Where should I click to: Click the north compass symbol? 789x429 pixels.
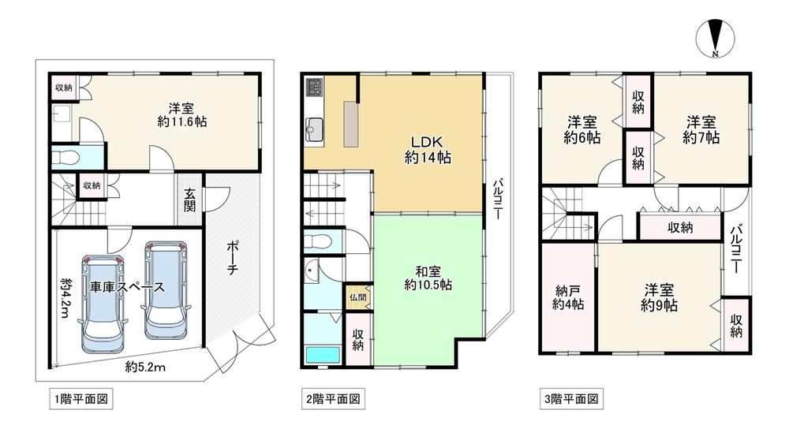point(715,38)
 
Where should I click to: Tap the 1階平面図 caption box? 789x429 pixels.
point(81,399)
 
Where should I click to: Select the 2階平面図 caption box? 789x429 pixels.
point(333,399)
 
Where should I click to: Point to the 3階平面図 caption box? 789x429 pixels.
point(571,399)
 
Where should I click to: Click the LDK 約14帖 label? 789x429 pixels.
point(428,149)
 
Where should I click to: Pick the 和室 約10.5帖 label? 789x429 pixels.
point(428,278)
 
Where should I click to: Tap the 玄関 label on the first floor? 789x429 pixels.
point(189,200)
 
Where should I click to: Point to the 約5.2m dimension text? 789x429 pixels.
point(145,367)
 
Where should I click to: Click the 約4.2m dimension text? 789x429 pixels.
point(65,298)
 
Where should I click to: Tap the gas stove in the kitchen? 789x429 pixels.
point(315,88)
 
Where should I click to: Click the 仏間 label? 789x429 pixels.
point(357,298)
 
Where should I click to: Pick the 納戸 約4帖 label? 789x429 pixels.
point(568,298)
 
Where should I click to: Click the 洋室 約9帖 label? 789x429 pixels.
point(659,298)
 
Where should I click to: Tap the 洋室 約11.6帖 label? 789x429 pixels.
point(181,115)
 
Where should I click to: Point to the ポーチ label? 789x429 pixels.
point(232,258)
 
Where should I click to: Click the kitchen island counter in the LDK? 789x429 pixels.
point(351,125)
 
